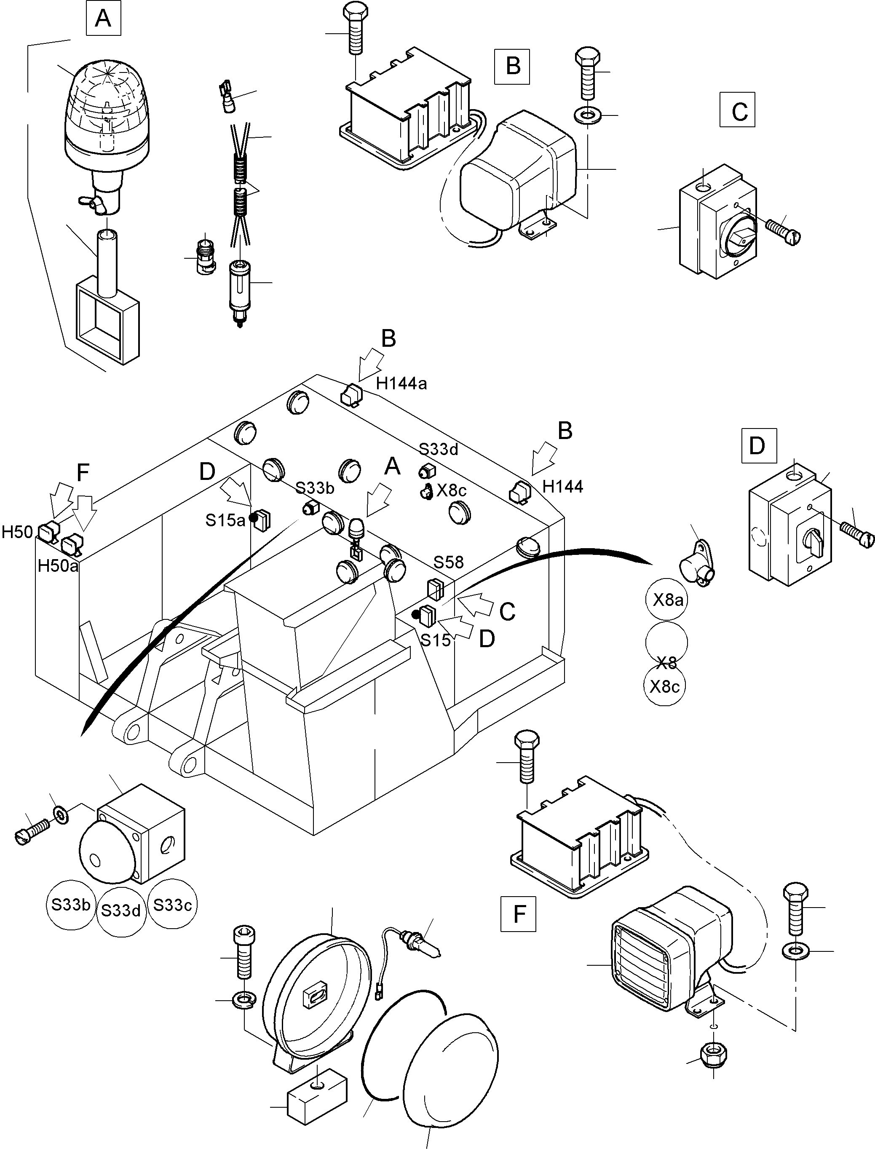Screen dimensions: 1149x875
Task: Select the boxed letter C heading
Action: pos(737,110)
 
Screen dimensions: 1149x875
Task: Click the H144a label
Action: pos(401,384)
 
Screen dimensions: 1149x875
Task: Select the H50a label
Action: pos(58,565)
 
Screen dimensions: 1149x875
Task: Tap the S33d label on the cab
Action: pos(439,449)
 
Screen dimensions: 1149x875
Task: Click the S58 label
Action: pos(448,562)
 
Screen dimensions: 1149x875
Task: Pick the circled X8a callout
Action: pos(667,600)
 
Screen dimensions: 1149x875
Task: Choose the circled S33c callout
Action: pos(172,905)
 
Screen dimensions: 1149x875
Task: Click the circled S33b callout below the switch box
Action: pos(71,904)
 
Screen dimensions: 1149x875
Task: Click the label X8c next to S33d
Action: pos(451,490)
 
